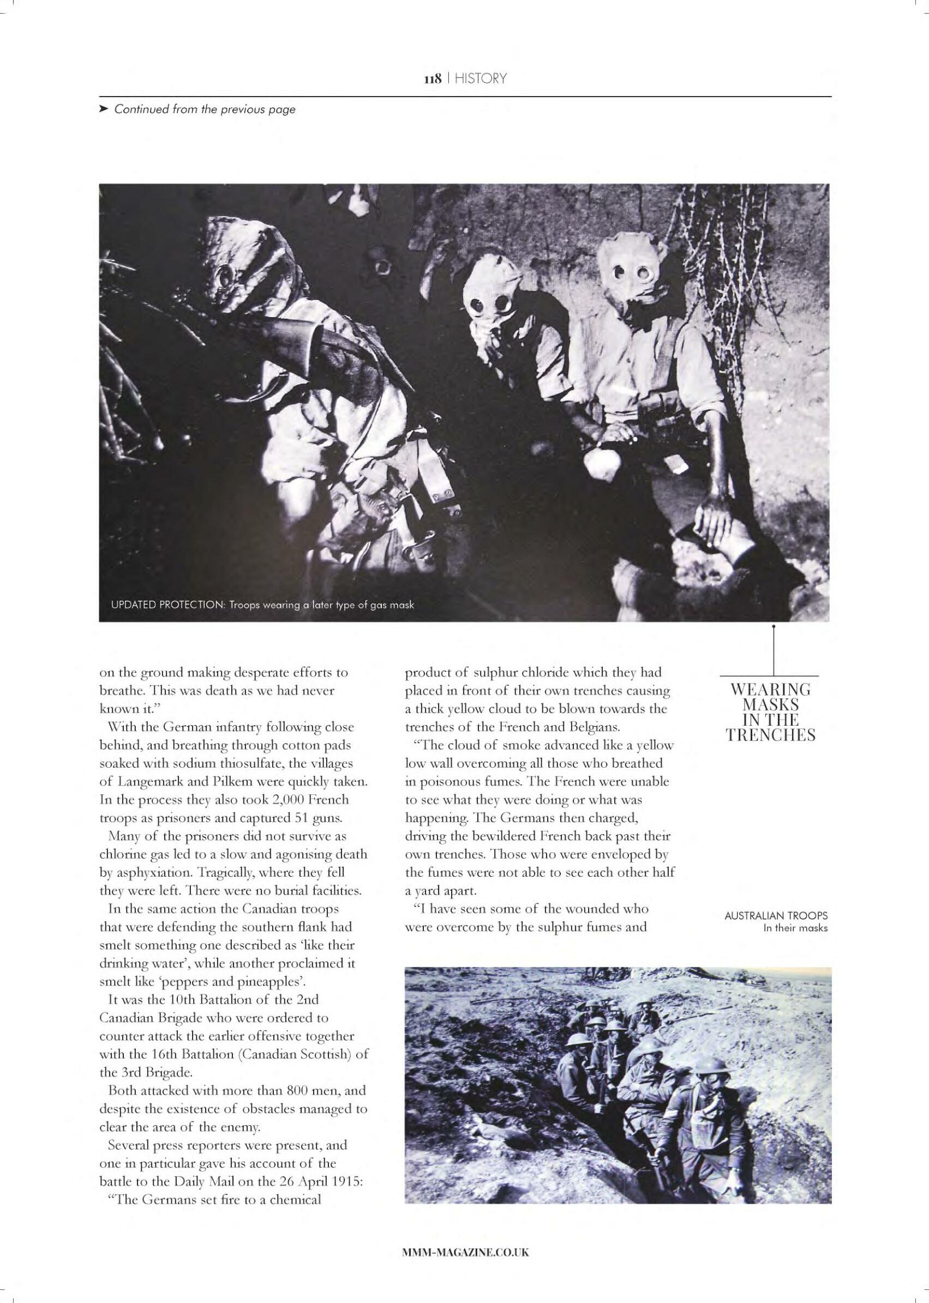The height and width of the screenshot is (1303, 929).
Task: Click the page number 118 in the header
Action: click(432, 79)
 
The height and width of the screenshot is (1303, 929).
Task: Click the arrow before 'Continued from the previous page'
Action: click(104, 109)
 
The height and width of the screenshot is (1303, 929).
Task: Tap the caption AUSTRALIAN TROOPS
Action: click(776, 916)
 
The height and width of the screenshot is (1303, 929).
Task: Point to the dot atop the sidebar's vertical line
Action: click(774, 627)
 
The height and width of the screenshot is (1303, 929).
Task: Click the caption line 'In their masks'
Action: click(795, 928)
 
